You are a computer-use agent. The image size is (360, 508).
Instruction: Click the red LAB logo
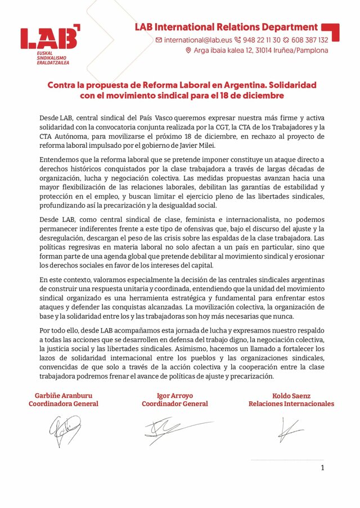click(49, 38)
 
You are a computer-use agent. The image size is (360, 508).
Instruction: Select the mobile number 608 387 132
click(308, 40)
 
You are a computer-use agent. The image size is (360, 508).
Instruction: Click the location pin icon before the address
click(188, 51)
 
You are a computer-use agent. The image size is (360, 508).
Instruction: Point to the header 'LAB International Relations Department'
click(226, 27)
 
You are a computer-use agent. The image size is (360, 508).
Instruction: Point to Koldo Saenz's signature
click(289, 430)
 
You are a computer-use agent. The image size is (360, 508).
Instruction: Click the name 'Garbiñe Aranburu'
click(63, 396)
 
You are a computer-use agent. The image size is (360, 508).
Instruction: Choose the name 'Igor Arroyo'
click(174, 396)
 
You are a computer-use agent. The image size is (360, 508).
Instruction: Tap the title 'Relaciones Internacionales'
click(291, 403)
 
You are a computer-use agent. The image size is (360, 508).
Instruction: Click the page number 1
click(322, 468)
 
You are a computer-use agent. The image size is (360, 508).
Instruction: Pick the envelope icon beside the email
click(159, 40)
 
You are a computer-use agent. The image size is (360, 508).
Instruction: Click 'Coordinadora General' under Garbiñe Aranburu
click(63, 403)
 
